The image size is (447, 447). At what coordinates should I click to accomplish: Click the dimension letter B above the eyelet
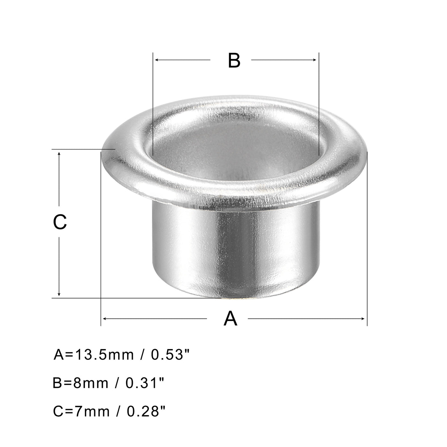(x=234, y=60)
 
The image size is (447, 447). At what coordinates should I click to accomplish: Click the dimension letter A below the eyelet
(x=230, y=319)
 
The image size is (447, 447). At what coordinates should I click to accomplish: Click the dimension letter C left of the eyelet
(x=60, y=222)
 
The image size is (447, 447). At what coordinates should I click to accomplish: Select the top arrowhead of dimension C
(x=59, y=154)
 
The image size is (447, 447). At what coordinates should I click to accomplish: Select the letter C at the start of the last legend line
(x=58, y=412)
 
